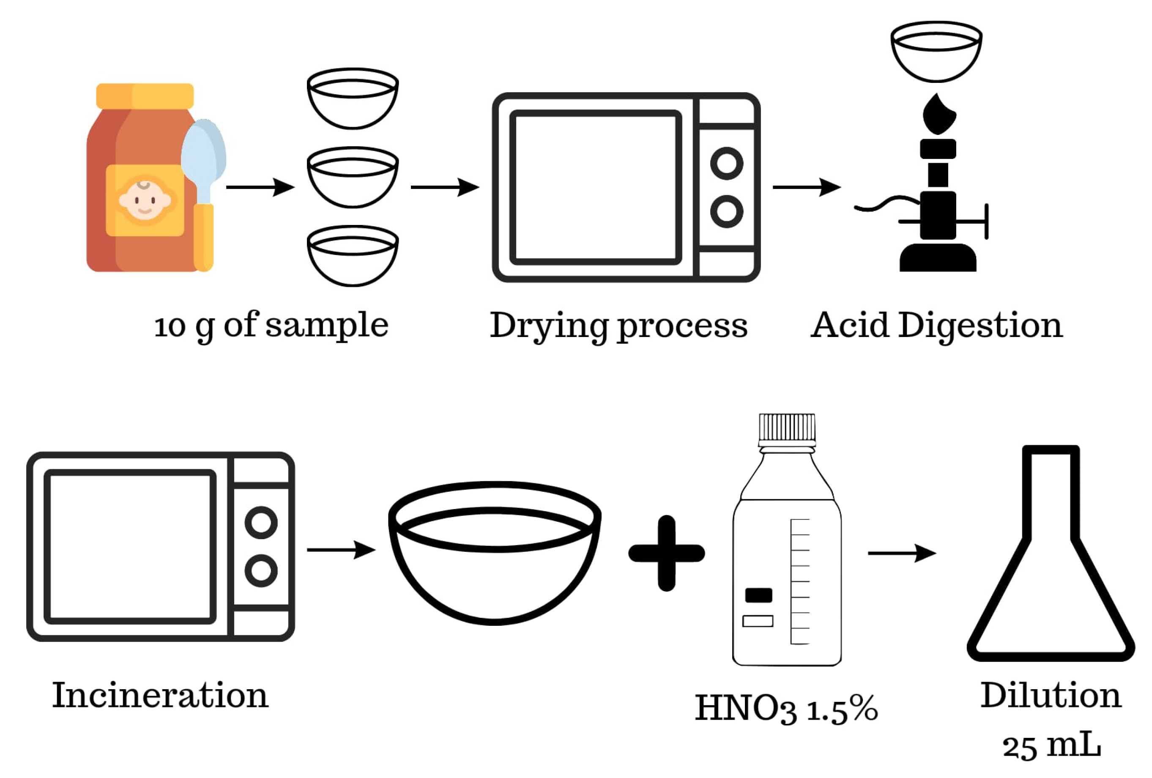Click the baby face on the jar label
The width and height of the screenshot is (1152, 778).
pyautogui.click(x=145, y=200)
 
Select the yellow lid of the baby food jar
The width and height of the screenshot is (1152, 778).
pyautogui.click(x=145, y=96)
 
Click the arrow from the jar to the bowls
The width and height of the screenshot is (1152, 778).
pyautogui.click(x=260, y=187)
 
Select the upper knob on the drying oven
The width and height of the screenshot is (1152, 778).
pyautogui.click(x=727, y=164)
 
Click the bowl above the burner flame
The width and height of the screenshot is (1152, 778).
pyautogui.click(x=936, y=51)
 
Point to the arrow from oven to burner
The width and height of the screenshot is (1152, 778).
pyautogui.click(x=807, y=187)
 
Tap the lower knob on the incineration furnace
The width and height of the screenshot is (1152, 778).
pyautogui.click(x=261, y=571)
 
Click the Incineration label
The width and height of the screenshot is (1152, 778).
pyautogui.click(x=160, y=695)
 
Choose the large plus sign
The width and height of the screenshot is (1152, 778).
pyautogui.click(x=667, y=553)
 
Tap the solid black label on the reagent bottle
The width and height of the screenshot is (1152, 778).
pyautogui.click(x=758, y=595)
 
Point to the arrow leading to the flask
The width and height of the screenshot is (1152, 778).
pyautogui.click(x=902, y=553)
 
